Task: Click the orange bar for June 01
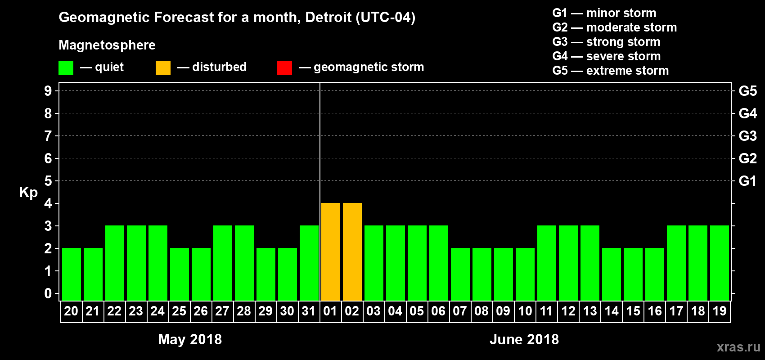[331, 252]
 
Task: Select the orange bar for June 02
[352, 252]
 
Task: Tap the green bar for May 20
[72, 274]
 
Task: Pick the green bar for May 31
[309, 263]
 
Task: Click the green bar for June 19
[720, 263]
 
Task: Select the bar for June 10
[525, 274]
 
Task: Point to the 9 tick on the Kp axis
[48, 91]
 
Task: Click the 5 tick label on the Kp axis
[48, 181]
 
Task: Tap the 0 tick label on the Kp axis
[48, 293]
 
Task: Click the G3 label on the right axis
[747, 136]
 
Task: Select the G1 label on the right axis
[747, 181]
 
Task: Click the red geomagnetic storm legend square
[284, 68]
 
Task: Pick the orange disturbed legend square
[163, 68]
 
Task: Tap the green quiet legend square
[66, 68]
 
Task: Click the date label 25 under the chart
[179, 311]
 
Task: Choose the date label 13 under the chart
[590, 311]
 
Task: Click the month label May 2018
[190, 339]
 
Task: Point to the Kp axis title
[28, 192]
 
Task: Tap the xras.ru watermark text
[738, 347]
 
